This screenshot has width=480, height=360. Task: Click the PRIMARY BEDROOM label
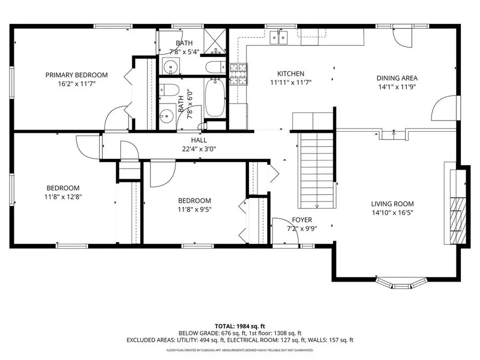76,75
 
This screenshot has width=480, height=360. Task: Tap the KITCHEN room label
291,74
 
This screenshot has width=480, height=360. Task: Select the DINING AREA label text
397,78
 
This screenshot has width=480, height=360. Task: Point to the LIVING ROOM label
393,204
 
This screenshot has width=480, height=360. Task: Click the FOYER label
302,220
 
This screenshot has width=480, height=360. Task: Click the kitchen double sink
278,37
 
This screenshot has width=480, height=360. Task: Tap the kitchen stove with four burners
239,74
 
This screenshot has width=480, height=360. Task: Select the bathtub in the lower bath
215,98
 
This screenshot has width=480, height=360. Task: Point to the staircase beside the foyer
317,171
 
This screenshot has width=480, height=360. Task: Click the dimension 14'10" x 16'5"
393,213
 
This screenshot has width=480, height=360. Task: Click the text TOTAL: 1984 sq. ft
239,325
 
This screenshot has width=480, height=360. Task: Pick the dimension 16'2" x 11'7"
76,84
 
